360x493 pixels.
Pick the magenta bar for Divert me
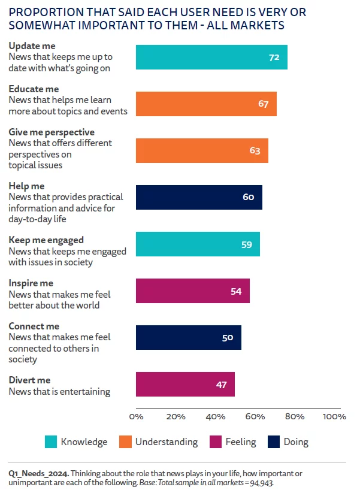coord(185,384)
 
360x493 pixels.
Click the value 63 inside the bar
coord(255,150)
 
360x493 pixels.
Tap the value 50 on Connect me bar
coord(228,337)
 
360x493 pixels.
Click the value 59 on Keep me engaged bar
coord(247,244)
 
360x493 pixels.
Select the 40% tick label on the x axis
coord(215,416)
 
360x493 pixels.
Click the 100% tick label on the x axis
coord(334,416)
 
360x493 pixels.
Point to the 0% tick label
coord(136,416)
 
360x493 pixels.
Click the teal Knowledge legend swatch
coord(51,442)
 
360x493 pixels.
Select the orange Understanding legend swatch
coord(125,442)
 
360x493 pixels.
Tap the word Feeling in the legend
coord(240,442)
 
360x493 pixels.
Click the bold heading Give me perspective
coord(52,132)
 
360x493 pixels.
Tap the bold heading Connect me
coord(34,326)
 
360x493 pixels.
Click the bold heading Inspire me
coord(31,283)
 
